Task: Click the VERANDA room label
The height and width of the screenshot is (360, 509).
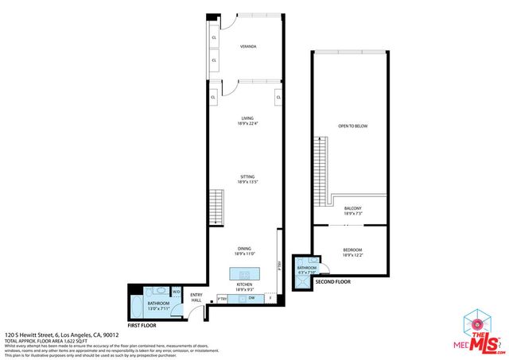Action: (x=247, y=46)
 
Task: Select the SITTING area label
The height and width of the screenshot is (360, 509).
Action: (x=247, y=179)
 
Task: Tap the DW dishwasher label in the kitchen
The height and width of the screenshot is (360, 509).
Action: (x=251, y=298)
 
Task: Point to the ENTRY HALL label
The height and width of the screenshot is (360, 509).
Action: (x=196, y=298)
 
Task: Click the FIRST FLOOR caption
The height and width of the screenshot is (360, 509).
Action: (x=142, y=326)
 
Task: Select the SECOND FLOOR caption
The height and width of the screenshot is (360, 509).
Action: (x=332, y=282)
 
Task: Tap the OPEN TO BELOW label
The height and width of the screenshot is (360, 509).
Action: (x=352, y=126)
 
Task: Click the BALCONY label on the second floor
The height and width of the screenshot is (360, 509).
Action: (x=352, y=210)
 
